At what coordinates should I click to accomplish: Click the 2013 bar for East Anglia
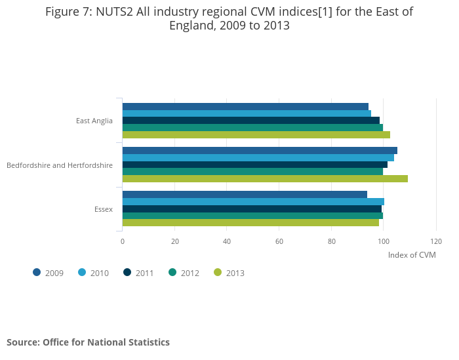[x=256, y=135]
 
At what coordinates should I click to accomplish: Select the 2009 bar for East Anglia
[x=245, y=106]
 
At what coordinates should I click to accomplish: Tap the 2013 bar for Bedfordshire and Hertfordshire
[x=265, y=179]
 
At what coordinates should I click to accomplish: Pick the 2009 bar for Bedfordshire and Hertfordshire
[x=260, y=150]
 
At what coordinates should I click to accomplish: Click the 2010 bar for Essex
[x=253, y=201]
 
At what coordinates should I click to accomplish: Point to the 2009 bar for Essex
[x=245, y=194]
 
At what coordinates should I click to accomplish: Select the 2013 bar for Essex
[x=250, y=223]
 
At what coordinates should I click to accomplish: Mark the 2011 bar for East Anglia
[x=250, y=121]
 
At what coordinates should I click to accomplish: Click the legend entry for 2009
[x=49, y=273]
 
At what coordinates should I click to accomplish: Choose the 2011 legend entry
[x=138, y=273]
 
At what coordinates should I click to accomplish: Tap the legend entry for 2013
[x=229, y=273]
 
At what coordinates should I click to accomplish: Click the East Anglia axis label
[x=94, y=121]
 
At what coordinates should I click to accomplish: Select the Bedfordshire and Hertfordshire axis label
[x=60, y=165]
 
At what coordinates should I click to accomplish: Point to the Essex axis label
[x=104, y=209]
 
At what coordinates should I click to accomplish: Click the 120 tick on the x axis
[x=436, y=241]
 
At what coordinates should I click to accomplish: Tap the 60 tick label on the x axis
[x=279, y=241]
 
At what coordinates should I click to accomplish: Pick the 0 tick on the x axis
[x=123, y=241]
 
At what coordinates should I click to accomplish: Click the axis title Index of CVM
[x=412, y=255]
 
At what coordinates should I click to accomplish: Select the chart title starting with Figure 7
[x=229, y=18]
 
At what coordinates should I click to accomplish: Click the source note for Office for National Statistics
[x=88, y=342]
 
